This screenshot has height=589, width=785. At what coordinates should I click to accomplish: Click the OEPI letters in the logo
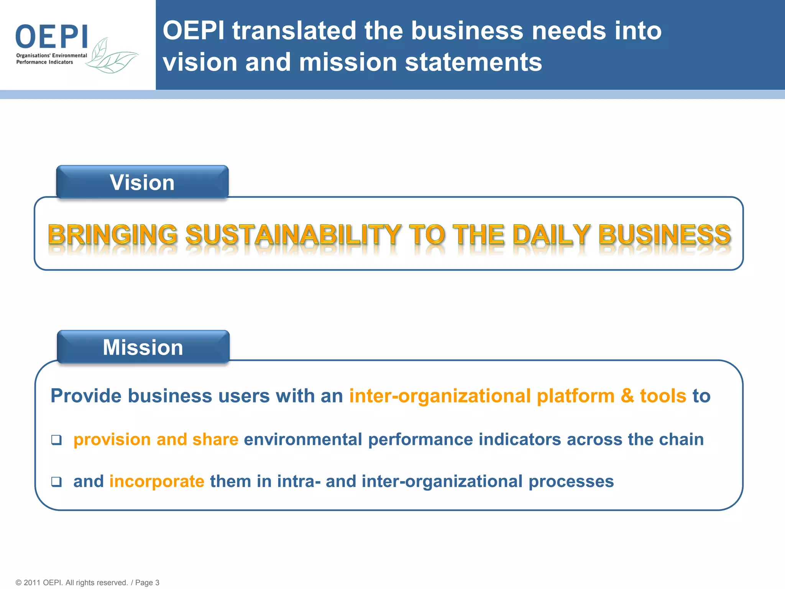coord(52,36)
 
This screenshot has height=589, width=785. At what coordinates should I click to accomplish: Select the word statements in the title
coord(473,62)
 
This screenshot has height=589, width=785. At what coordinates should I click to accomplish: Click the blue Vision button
coord(142,182)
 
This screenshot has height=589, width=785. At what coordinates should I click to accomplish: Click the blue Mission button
coord(143,347)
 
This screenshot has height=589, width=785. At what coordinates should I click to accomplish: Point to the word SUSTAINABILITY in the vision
coord(293,235)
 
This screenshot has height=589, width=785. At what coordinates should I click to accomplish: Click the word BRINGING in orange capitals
coord(113,235)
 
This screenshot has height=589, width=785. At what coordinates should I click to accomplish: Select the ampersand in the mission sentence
coord(627,396)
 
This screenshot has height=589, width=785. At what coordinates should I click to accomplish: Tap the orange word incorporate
coord(157,482)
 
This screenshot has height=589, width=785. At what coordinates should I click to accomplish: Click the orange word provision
coord(112,440)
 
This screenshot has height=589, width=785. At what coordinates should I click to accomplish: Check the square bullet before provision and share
coord(56,440)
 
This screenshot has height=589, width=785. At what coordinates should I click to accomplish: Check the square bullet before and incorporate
coord(56,482)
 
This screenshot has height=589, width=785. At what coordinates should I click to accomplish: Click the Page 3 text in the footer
coord(147,582)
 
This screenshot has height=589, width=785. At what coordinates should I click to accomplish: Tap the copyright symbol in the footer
coord(18,582)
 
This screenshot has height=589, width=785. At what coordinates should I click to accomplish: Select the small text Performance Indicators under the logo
coord(44,62)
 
